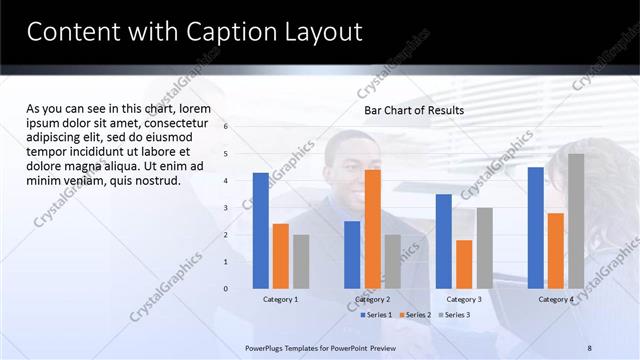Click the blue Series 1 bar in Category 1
click(260, 230)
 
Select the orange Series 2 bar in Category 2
click(372, 228)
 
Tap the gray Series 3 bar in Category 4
click(576, 221)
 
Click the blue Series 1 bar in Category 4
click(536, 227)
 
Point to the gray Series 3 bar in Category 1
click(301, 261)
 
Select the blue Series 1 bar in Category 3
click(444, 241)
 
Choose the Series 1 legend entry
click(376, 315)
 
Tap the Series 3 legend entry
click(453, 315)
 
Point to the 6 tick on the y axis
click(226, 127)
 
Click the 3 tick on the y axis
click(226, 208)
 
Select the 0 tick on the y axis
click(226, 289)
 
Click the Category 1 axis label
click(280, 299)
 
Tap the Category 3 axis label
click(464, 299)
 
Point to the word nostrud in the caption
click(155, 181)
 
